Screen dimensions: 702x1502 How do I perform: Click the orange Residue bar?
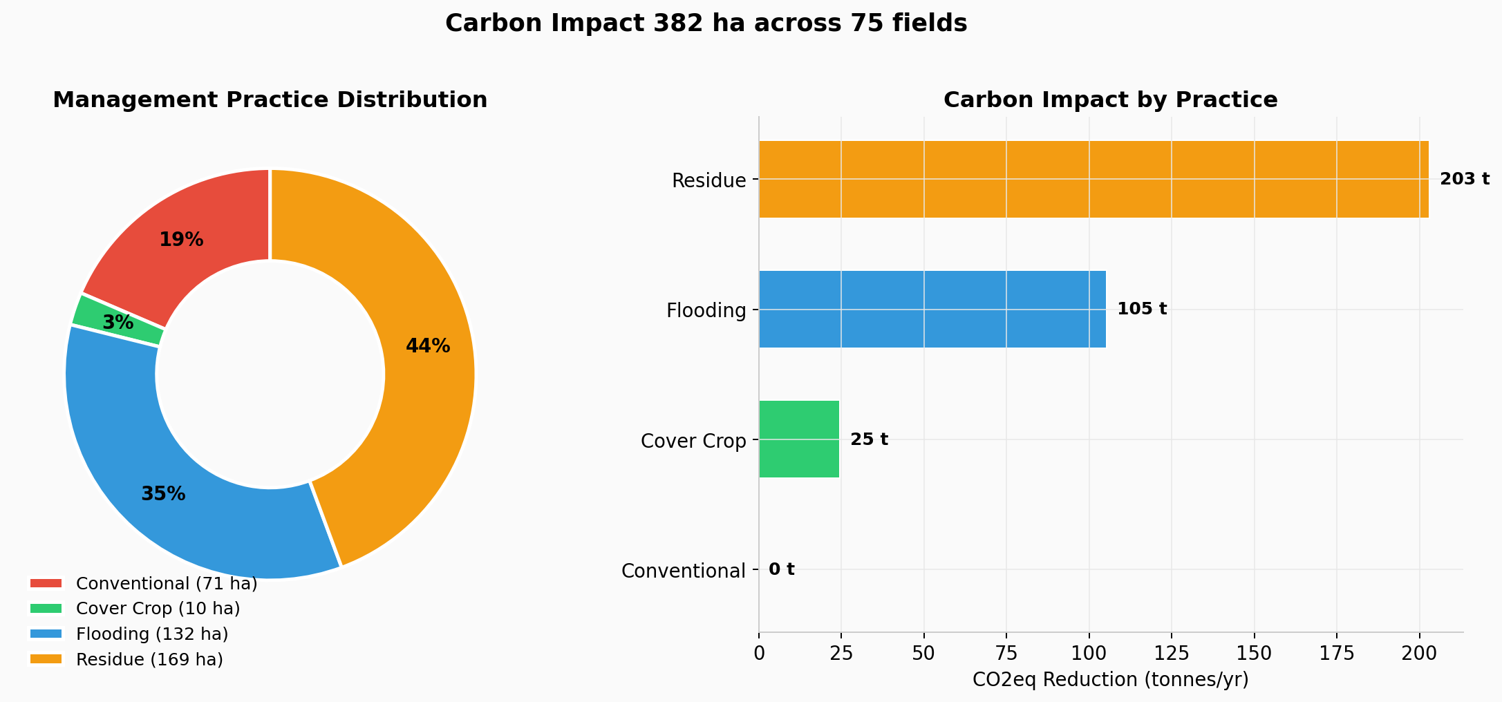pyautogui.click(x=1092, y=180)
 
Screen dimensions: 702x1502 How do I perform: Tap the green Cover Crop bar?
pyautogui.click(x=798, y=439)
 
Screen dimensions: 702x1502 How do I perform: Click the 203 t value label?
pyautogui.click(x=1464, y=180)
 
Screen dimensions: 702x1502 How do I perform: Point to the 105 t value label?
pyautogui.click(x=1141, y=309)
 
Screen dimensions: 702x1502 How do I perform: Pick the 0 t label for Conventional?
pyautogui.click(x=781, y=569)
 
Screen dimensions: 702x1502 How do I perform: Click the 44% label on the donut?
pyautogui.click(x=427, y=346)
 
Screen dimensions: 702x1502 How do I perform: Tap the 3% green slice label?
pyautogui.click(x=118, y=322)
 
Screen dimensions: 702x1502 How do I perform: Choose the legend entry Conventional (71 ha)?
pyautogui.click(x=166, y=584)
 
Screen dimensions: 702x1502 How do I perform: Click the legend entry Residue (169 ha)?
pyautogui.click(x=149, y=660)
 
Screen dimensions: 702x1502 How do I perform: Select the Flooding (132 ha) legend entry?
pyautogui.click(x=151, y=634)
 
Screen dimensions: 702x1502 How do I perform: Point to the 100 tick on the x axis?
pyautogui.click(x=1089, y=653)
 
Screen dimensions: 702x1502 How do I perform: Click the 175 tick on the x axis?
pyautogui.click(x=1336, y=653)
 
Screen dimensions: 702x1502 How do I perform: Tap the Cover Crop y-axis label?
pyautogui.click(x=693, y=441)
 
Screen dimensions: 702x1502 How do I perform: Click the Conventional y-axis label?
pyautogui.click(x=683, y=571)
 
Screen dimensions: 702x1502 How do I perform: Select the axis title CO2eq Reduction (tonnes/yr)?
pyautogui.click(x=1110, y=680)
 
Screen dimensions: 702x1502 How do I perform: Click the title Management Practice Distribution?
pyautogui.click(x=270, y=100)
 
